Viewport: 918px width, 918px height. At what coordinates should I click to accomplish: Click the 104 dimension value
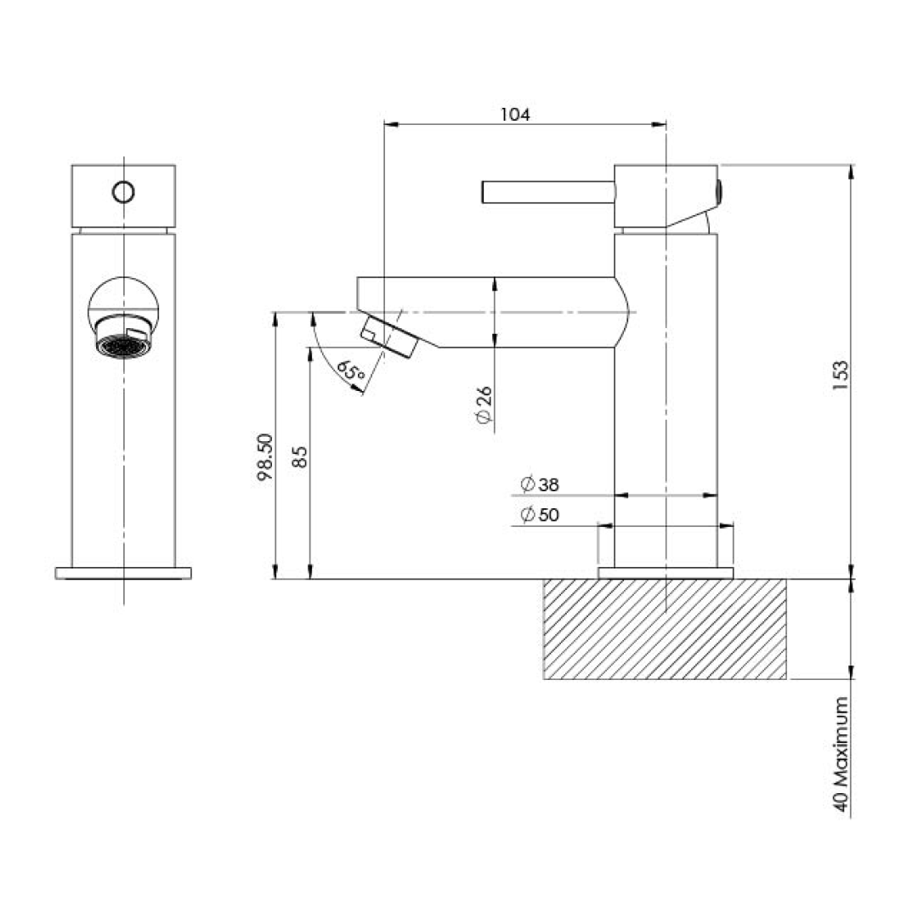point(515,114)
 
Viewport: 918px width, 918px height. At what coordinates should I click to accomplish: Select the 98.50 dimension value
point(264,457)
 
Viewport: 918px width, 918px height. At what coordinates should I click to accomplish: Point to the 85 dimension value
point(299,457)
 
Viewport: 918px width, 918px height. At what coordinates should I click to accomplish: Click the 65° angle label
point(350,371)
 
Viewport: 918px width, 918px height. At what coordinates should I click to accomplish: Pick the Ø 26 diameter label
point(484,405)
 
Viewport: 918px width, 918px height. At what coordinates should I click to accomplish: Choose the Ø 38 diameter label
point(539,485)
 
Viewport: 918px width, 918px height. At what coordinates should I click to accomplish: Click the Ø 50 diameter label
point(539,516)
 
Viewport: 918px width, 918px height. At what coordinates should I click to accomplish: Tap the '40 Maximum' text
point(841,756)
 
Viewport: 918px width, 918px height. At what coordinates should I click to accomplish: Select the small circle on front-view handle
point(123,192)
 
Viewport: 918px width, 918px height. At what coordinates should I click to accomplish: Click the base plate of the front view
point(123,573)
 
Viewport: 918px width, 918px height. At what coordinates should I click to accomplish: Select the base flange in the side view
point(665,573)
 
